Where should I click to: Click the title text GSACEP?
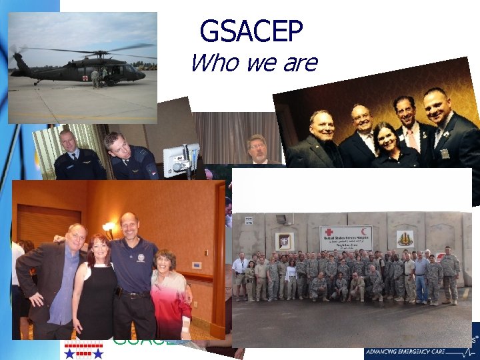tap(251, 31)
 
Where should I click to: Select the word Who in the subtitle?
tap(212, 63)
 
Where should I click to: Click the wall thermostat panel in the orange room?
tap(198, 265)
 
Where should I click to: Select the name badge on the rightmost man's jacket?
tap(445, 153)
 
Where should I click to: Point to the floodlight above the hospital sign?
tap(283, 219)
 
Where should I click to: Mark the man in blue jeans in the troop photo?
tap(421, 280)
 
